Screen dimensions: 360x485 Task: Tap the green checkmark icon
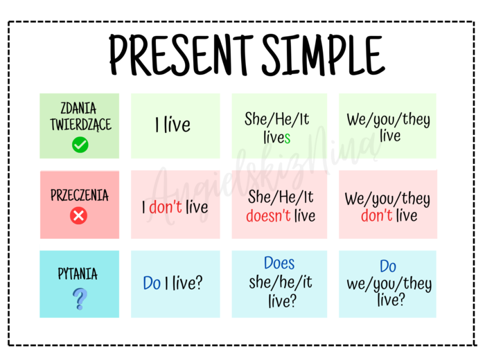click(x=80, y=145)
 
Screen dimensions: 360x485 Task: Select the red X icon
click(x=79, y=217)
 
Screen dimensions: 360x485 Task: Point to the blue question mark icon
click(x=80, y=298)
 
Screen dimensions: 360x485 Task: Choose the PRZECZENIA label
click(x=79, y=195)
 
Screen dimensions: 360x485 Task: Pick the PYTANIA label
click(x=78, y=274)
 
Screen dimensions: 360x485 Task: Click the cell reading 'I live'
click(x=173, y=125)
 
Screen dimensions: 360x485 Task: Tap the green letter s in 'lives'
click(x=287, y=138)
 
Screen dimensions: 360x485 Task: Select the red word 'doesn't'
click(x=268, y=215)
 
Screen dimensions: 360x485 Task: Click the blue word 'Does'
click(x=279, y=264)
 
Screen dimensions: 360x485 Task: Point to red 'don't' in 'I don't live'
click(x=165, y=207)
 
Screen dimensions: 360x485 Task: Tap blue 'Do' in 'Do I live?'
click(x=152, y=283)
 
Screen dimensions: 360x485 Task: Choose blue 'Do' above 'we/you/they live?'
click(x=388, y=267)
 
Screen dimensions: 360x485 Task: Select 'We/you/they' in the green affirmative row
click(x=388, y=119)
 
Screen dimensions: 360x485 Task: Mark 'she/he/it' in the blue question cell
click(x=281, y=282)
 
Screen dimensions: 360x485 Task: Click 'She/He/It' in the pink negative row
click(x=281, y=197)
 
